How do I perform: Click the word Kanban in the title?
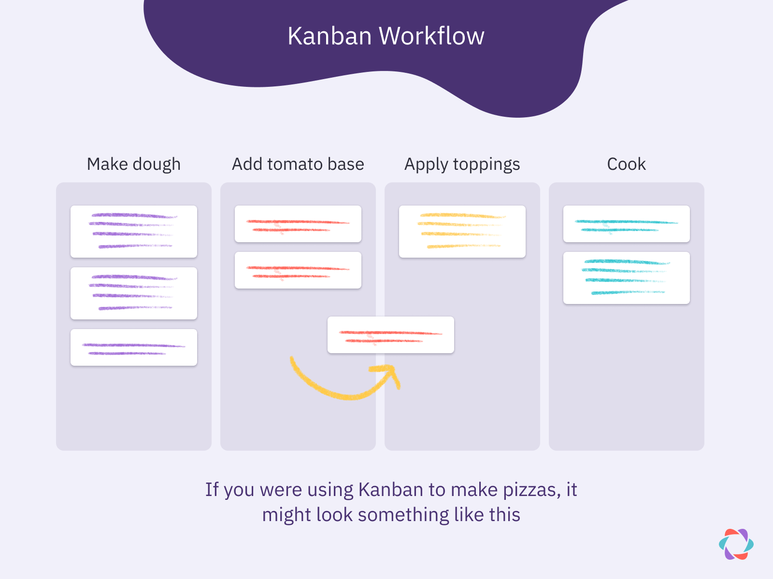pyautogui.click(x=329, y=36)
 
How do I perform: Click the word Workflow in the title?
pyautogui.click(x=431, y=36)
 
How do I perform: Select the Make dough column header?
pyautogui.click(x=134, y=165)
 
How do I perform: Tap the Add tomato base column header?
pyautogui.click(x=298, y=165)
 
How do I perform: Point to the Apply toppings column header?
pyautogui.click(x=462, y=165)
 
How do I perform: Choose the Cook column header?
pyautogui.click(x=626, y=165)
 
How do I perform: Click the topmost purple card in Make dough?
pyautogui.click(x=134, y=232)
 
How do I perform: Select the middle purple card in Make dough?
pyautogui.click(x=134, y=293)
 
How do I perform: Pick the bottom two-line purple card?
pyautogui.click(x=134, y=347)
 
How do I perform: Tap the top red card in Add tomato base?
pyautogui.click(x=298, y=224)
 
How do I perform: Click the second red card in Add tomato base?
pyautogui.click(x=298, y=270)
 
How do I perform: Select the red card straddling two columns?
pyautogui.click(x=391, y=335)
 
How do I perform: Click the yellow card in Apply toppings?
pyautogui.click(x=462, y=232)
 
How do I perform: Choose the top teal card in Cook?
pyautogui.click(x=627, y=224)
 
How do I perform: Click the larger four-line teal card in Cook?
pyautogui.click(x=627, y=278)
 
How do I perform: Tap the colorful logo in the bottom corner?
pyautogui.click(x=736, y=544)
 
